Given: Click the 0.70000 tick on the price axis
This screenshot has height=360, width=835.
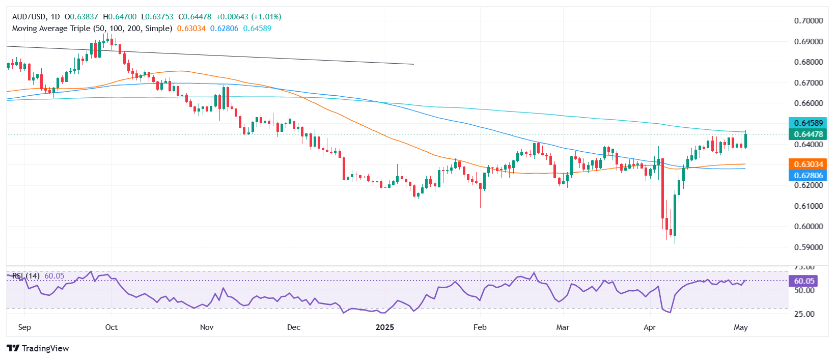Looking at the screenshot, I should click(808, 21).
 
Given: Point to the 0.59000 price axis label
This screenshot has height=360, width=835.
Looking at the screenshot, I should click(808, 247).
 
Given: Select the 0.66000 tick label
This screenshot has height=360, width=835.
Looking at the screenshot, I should click(808, 103).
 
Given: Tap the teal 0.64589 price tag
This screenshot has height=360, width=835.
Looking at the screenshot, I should click(808, 123).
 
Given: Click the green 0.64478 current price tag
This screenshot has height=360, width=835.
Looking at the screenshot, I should click(808, 134).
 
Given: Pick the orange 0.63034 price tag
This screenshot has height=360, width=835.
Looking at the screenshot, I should click(808, 164).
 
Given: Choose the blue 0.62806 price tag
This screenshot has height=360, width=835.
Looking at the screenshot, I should click(808, 176).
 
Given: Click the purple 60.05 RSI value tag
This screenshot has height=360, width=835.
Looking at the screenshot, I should click(804, 281).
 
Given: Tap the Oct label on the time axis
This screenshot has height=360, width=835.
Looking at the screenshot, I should click(111, 327).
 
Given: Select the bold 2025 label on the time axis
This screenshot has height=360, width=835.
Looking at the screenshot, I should click(384, 327).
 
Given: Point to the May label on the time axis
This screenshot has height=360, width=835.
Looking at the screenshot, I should click(740, 327).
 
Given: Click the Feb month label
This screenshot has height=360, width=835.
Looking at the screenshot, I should click(480, 327).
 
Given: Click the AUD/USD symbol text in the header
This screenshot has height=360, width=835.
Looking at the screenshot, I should click(29, 17).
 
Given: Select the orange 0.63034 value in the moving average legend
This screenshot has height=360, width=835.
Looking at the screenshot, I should click(191, 29).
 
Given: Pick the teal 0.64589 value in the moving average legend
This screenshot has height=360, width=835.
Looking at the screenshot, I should click(257, 29).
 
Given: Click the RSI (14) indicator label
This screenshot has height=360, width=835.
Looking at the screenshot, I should click(26, 276).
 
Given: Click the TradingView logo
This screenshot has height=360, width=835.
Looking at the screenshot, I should click(38, 348).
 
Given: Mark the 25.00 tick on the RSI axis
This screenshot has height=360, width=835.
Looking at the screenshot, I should click(804, 314).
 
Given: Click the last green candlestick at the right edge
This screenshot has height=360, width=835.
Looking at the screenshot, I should click(745, 140).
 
